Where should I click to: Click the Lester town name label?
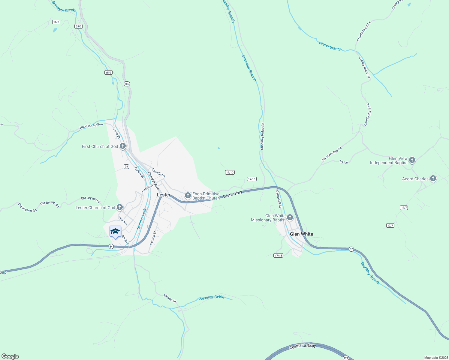point(164,195)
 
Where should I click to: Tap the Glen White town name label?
point(301,234)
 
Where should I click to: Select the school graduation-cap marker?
point(115,232)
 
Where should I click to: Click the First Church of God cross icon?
point(122,146)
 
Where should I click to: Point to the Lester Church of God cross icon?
point(120,207)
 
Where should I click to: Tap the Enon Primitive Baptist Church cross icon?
point(188,196)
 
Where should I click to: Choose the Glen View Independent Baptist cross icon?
point(412,160)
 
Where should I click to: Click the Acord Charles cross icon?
point(433,179)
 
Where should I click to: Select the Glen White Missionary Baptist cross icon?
point(290,217)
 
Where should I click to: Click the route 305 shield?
point(127,84)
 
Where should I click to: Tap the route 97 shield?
point(351,249)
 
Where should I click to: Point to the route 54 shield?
point(111,247)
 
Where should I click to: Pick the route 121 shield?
point(346,358)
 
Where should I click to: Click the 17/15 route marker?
point(278,256)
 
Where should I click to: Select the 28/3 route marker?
point(79,26)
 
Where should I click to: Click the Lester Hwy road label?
point(233,194)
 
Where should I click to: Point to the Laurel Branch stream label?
point(330,46)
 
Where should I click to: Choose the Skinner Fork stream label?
point(142,219)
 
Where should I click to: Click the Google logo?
point(10,356)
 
